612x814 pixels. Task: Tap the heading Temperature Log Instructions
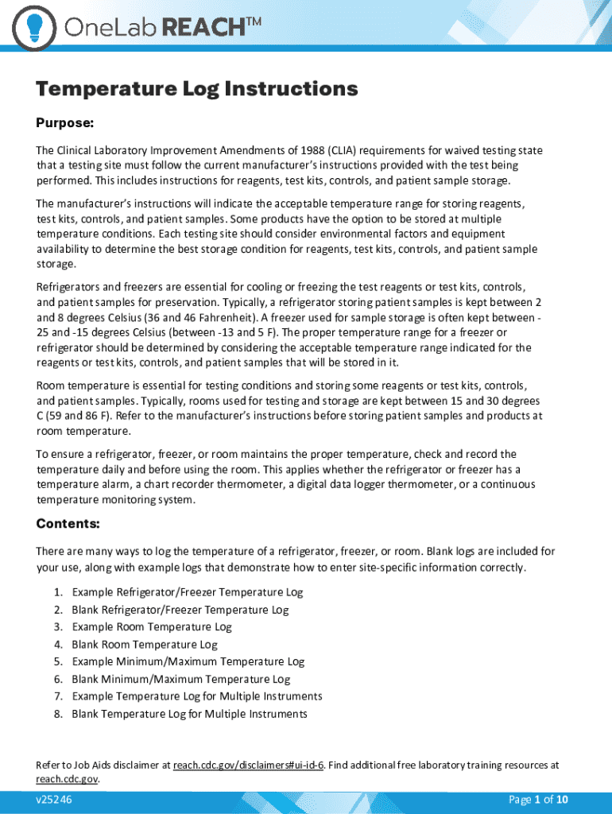pos(196,88)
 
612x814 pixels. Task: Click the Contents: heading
pos(68,524)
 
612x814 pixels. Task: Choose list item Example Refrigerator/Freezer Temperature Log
pos(187,592)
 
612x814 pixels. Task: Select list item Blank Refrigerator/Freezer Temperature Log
pos(180,610)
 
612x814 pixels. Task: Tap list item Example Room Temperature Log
pos(151,627)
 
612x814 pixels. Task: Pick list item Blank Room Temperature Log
pos(144,645)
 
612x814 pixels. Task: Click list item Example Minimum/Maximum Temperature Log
pos(188,661)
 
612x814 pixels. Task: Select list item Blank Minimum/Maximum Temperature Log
pos(180,679)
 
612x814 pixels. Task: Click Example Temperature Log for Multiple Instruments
pos(196,696)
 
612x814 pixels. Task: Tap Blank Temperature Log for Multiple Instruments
pos(189,714)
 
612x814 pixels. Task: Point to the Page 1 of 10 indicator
pos(538,800)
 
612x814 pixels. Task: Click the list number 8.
pos(58,714)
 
